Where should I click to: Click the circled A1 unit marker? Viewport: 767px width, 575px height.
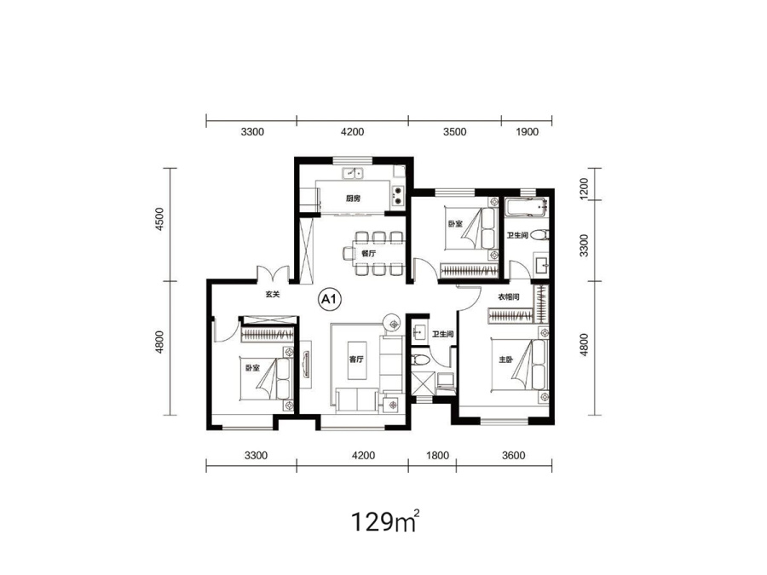click(x=330, y=299)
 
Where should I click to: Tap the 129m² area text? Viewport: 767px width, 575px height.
click(x=385, y=521)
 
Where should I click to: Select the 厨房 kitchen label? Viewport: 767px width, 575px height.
click(x=353, y=198)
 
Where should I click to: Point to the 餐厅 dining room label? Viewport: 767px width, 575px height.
click(x=368, y=253)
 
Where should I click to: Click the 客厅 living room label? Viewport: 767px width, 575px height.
click(x=356, y=359)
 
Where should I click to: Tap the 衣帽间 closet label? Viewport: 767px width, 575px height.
click(x=509, y=296)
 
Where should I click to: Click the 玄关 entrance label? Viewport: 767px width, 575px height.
click(x=273, y=295)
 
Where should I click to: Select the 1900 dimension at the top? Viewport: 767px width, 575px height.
click(x=527, y=132)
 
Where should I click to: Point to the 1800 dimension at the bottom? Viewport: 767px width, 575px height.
click(x=437, y=456)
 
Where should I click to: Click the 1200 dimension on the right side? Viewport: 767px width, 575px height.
click(x=584, y=188)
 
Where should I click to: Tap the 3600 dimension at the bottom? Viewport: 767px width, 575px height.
click(x=513, y=456)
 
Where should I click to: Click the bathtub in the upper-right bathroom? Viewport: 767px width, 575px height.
click(x=527, y=207)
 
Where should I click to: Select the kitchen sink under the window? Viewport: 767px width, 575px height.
click(x=352, y=173)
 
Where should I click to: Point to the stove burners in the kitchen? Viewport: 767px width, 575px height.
click(x=398, y=196)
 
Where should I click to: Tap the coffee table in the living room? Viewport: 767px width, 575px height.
click(x=357, y=359)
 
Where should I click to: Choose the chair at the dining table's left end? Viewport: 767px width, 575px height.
click(x=349, y=254)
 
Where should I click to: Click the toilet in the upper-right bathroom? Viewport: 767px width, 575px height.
click(x=539, y=235)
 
